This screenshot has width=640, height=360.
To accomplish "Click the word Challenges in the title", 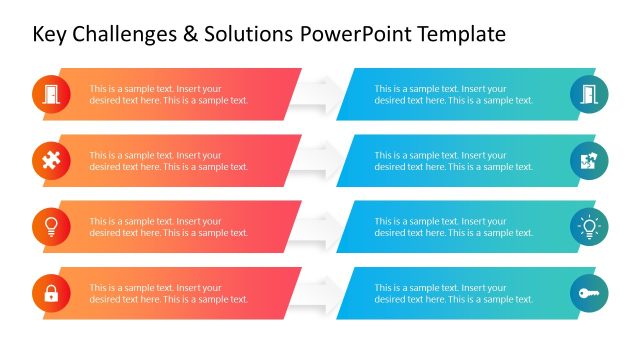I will (x=131, y=35).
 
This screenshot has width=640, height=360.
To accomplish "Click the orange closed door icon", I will (x=51, y=94).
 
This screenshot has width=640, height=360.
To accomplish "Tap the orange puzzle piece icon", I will (x=51, y=161).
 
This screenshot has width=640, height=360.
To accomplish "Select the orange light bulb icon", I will (x=51, y=227).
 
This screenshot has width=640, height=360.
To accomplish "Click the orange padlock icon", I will (x=51, y=294).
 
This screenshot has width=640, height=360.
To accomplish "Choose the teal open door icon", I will (x=589, y=94).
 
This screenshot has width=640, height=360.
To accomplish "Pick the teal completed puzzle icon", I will (x=589, y=161).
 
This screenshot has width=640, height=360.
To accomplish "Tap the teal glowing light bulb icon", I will (x=589, y=227).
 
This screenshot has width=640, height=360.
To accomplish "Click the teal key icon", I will (x=589, y=294).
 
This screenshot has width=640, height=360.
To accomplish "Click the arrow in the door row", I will (x=319, y=94).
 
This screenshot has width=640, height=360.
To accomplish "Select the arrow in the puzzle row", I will (x=319, y=161).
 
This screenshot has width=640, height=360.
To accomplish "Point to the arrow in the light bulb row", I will (x=319, y=227).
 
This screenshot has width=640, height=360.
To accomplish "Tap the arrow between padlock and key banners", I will (x=319, y=294).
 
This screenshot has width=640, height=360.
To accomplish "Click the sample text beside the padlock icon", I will (x=169, y=294).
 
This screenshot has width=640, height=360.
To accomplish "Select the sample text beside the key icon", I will (x=454, y=294).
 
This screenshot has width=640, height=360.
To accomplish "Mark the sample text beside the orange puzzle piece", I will (x=169, y=161).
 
